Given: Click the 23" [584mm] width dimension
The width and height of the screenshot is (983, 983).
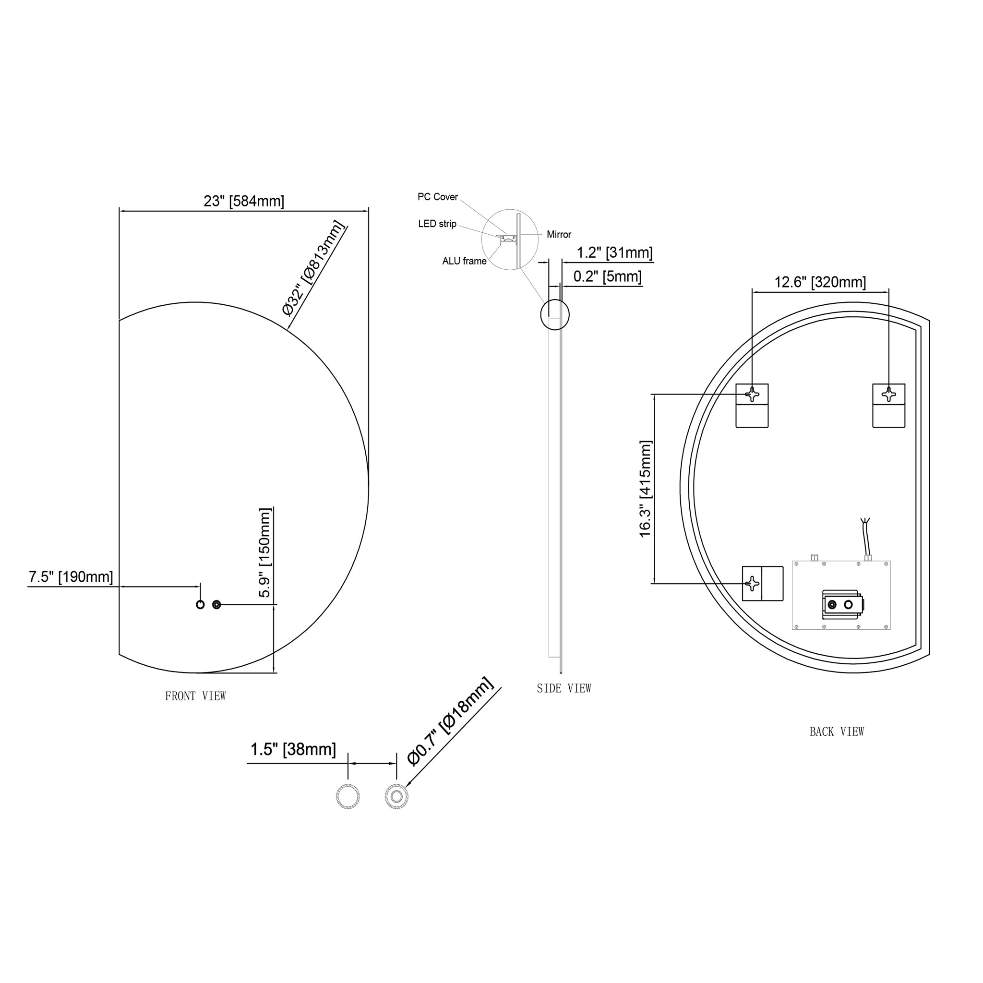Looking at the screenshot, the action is (244, 201).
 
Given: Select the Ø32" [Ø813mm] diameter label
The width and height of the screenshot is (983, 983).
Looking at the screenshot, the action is (313, 268).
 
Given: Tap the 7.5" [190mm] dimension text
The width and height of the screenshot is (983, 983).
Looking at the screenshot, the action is (71, 576).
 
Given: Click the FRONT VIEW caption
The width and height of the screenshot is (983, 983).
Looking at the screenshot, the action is (195, 696).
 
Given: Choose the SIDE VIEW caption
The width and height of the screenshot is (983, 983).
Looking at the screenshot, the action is (564, 688).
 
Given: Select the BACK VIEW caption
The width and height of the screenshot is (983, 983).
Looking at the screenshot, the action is (837, 731).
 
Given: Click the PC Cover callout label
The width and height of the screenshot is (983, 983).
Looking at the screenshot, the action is (438, 197).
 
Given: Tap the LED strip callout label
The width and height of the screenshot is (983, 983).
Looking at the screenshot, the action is (437, 224).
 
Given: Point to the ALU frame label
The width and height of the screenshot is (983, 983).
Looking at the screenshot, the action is (464, 261).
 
